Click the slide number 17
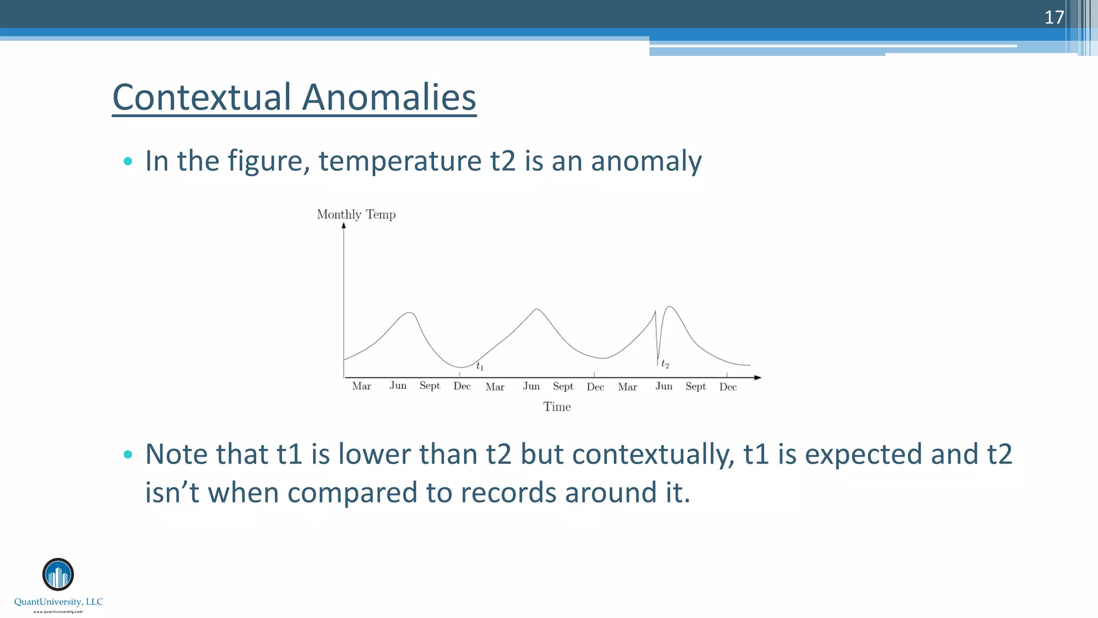point(1054,17)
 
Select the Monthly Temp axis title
point(356,215)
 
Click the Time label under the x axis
point(557,407)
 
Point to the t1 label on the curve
point(480,366)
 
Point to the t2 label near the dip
point(665,364)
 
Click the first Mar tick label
point(361,386)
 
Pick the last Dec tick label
point(728,387)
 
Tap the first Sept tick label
point(429,386)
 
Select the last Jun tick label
point(664,386)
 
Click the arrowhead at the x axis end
point(758,378)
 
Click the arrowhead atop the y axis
point(344,225)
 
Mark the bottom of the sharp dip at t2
point(658,358)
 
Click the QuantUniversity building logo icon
point(58,575)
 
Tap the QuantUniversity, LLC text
point(58,602)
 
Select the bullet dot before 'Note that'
point(128,454)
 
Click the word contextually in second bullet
point(652,454)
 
